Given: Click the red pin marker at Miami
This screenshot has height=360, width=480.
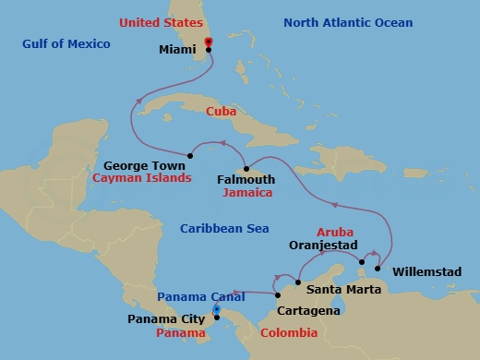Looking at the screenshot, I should [x=209, y=42].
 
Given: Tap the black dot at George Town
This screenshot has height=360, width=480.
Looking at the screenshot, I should [x=189, y=155].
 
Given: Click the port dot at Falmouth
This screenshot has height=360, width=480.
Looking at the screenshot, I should [x=245, y=168].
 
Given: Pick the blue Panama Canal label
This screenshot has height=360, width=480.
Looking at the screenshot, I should [x=201, y=296].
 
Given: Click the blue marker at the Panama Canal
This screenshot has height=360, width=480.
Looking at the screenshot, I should [x=217, y=310].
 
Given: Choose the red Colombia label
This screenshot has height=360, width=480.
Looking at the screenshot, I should [x=290, y=332].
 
